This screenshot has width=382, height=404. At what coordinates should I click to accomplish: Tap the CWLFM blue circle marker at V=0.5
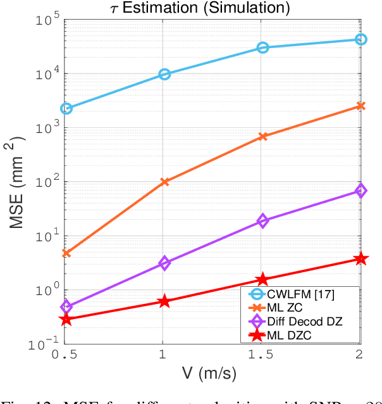[x=66, y=108]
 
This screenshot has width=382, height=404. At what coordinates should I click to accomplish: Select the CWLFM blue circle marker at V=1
[x=164, y=74]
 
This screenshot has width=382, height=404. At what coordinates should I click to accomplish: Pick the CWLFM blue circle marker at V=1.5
[x=262, y=47]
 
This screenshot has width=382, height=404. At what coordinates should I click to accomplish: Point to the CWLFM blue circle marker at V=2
[x=360, y=39]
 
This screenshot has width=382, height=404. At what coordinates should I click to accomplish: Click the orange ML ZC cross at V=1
[x=164, y=182]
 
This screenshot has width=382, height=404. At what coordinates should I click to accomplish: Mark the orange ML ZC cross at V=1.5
[x=262, y=136]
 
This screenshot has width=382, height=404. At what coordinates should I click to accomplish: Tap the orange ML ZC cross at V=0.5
[x=66, y=253]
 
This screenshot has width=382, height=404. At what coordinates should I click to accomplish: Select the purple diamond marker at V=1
[x=164, y=263]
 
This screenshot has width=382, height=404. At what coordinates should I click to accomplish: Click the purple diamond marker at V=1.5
[x=262, y=221]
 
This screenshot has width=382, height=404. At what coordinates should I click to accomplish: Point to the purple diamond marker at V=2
[x=360, y=191]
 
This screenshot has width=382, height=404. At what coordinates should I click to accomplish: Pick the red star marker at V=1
[x=164, y=301]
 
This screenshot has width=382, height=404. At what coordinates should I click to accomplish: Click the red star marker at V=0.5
[x=66, y=319]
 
